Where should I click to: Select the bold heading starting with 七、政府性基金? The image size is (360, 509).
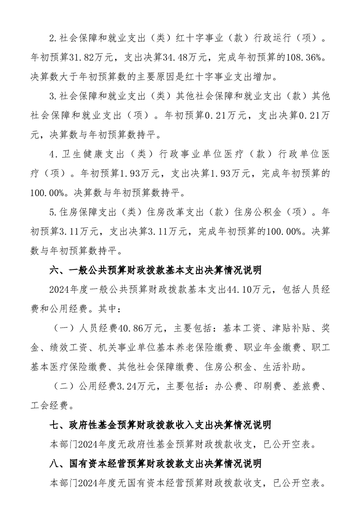(161, 425)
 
